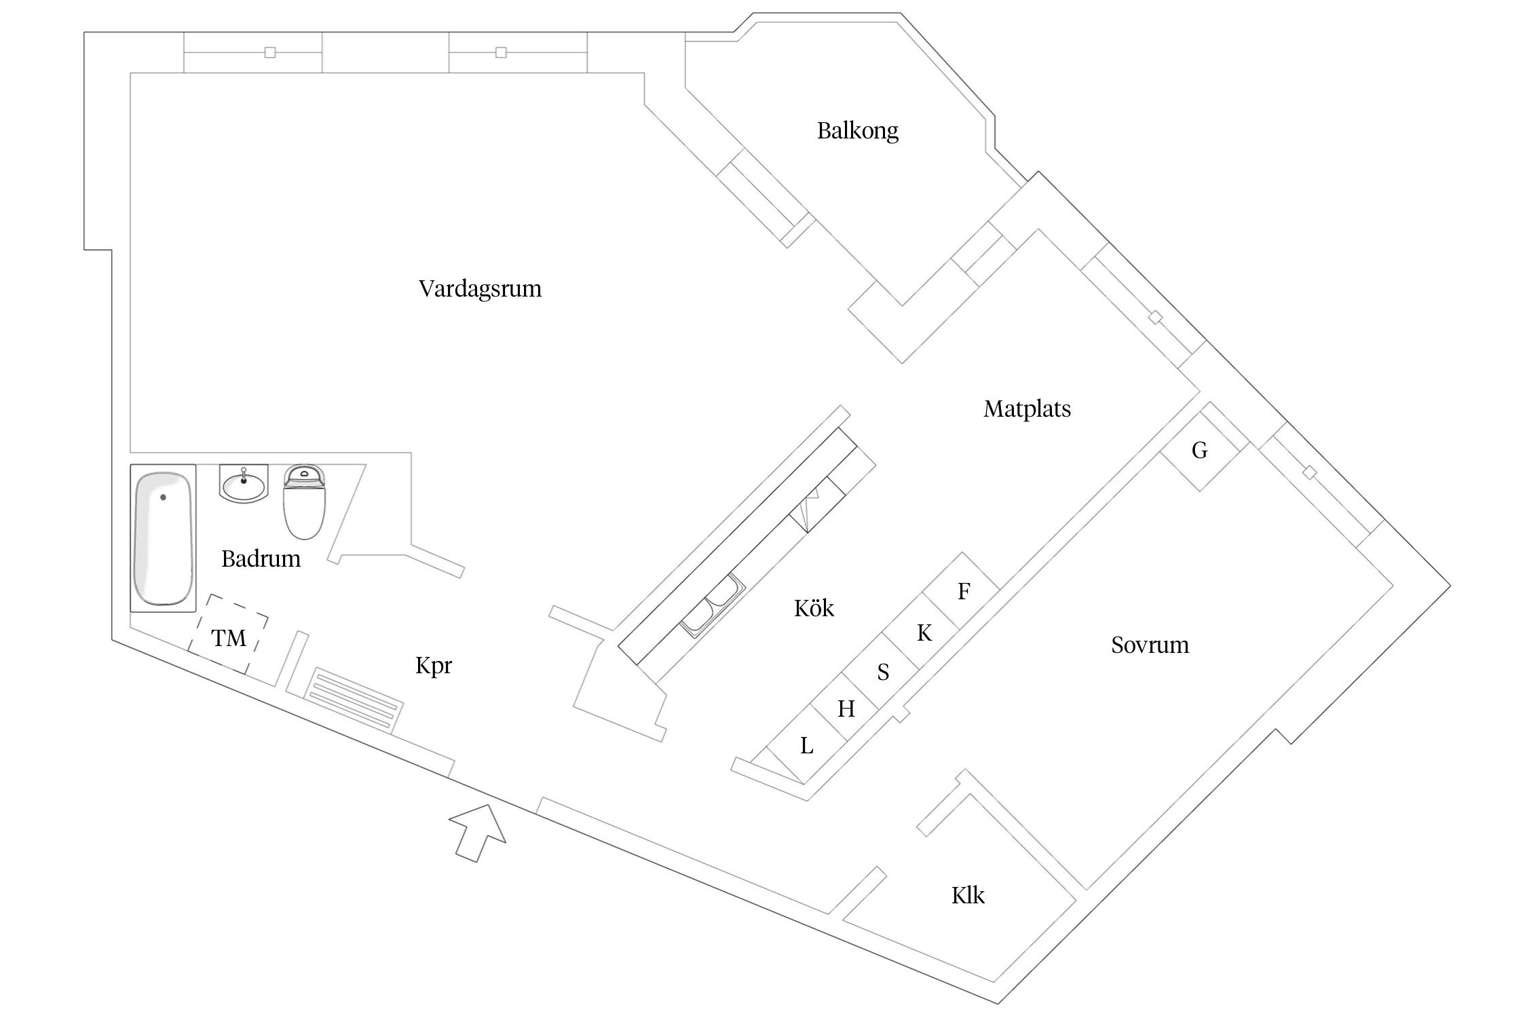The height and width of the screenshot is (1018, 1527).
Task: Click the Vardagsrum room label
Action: pyautogui.click(x=480, y=289)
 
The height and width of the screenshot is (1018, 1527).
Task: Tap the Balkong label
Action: pyautogui.click(x=857, y=130)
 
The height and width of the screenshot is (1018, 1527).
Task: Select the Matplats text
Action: pyautogui.click(x=1027, y=409)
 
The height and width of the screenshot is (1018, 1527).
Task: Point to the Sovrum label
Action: pyautogui.click(x=1150, y=645)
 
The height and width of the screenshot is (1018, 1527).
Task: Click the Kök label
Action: pyautogui.click(x=814, y=608)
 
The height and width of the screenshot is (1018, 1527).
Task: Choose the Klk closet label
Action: pyautogui.click(x=968, y=896)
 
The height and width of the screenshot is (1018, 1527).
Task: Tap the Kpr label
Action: pyautogui.click(x=433, y=666)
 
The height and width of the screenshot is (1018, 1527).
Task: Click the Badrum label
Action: pyautogui.click(x=261, y=559)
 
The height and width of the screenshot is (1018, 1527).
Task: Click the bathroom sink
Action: pyautogui.click(x=244, y=485)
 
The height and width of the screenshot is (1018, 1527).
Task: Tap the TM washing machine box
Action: pyautogui.click(x=229, y=638)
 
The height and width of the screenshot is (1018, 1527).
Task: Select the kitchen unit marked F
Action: pyautogui.click(x=964, y=591)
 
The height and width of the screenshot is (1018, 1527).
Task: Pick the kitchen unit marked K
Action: pyautogui.click(x=924, y=633)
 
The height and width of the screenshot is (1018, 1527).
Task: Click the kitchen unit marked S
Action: pyautogui.click(x=883, y=672)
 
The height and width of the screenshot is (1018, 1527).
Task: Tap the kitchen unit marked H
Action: pyautogui.click(x=846, y=709)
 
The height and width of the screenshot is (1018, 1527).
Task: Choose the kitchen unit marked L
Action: pyautogui.click(x=806, y=746)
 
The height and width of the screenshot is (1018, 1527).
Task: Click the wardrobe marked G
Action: pyautogui.click(x=1200, y=450)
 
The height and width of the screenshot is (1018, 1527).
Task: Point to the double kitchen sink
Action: pyautogui.click(x=713, y=606)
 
